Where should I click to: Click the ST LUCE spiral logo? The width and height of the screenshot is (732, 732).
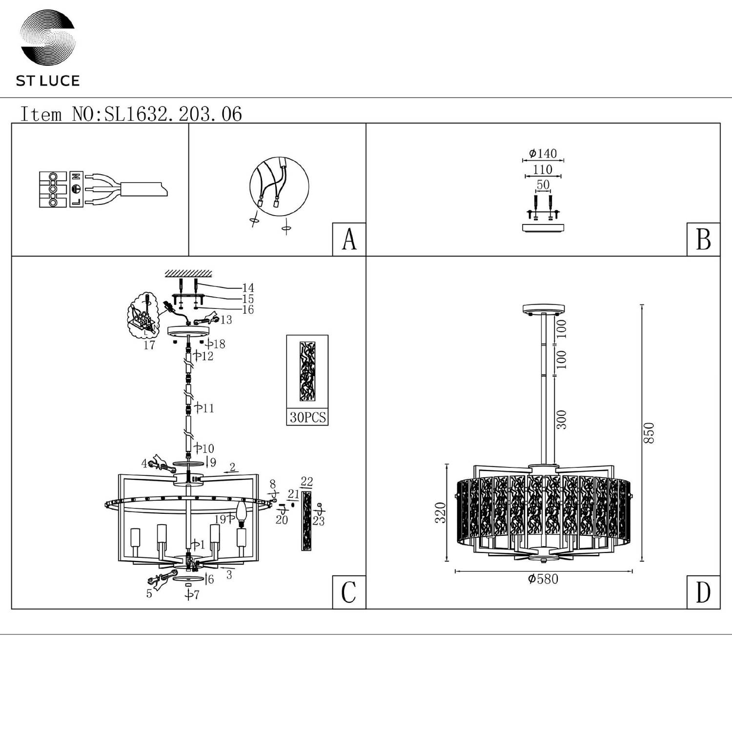click(47, 38)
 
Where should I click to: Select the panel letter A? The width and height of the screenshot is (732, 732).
click(349, 240)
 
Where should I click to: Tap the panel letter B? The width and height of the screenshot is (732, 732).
click(703, 240)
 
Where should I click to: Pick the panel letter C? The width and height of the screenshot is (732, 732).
click(349, 592)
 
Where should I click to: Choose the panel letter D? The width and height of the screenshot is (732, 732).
click(703, 592)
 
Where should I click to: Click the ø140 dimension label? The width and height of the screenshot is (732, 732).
click(543, 153)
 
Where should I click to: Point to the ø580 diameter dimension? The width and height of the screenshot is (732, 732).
click(543, 579)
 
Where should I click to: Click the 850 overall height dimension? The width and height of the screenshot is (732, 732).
click(649, 433)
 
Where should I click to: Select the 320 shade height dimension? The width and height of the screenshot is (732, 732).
click(441, 512)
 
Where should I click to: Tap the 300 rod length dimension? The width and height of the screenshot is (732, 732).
click(562, 420)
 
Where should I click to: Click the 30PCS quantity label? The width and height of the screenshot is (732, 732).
click(307, 418)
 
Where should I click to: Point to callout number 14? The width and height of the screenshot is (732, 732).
click(248, 288)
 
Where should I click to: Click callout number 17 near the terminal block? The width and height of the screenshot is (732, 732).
click(149, 345)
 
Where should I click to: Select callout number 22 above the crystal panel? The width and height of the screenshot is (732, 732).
click(306, 482)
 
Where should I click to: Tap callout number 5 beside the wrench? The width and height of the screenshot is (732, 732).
click(149, 594)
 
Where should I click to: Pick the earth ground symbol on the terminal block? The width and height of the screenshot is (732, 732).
click(76, 189)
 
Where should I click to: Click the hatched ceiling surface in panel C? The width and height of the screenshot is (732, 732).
click(188, 273)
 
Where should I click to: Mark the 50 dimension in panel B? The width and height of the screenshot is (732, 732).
click(543, 185)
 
